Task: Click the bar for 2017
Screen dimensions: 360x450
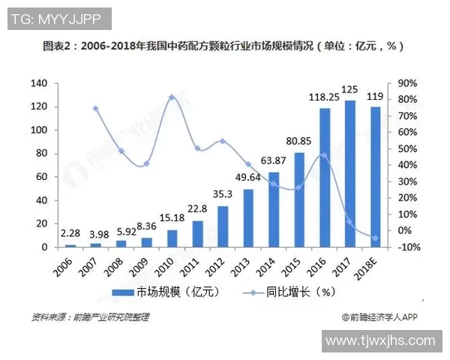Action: pyautogui.click(x=349, y=173)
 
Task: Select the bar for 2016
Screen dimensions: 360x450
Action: pyautogui.click(x=325, y=178)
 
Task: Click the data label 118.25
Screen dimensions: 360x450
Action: pyautogui.click(x=324, y=97)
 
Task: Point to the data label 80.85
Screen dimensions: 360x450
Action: pyautogui.click(x=298, y=140)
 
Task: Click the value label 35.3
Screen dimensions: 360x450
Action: pyautogui.click(x=223, y=194)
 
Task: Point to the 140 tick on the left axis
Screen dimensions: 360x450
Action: pyautogui.click(x=39, y=83)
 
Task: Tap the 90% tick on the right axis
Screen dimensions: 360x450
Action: pyautogui.click(x=407, y=83)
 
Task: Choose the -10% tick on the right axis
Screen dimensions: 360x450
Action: pyautogui.click(x=407, y=247)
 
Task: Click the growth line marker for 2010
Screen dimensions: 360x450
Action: pyautogui.click(x=172, y=97)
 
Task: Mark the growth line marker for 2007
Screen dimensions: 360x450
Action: pyautogui.click(x=95, y=109)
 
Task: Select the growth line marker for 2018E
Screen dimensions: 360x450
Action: pyautogui.click(x=375, y=238)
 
